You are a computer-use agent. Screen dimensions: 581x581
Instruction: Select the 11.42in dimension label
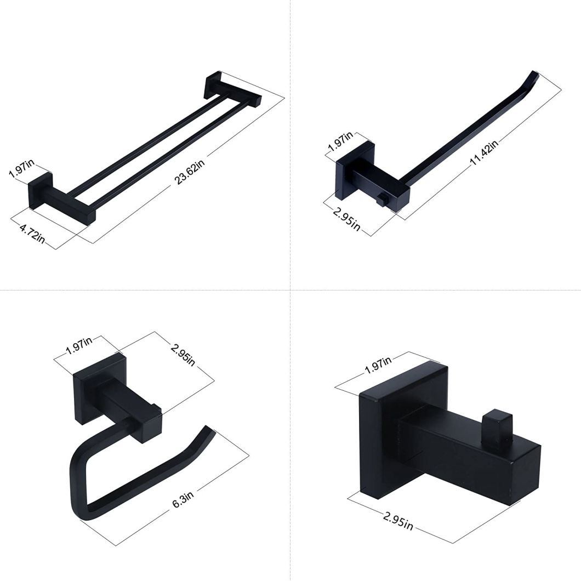(x=483, y=153)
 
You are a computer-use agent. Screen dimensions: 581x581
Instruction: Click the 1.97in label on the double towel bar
(x=21, y=169)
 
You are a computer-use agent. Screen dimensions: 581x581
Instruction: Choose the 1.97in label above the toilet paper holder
(x=79, y=346)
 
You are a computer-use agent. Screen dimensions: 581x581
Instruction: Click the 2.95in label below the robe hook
(x=397, y=521)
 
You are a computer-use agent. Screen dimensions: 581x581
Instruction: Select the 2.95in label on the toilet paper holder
(x=183, y=355)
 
